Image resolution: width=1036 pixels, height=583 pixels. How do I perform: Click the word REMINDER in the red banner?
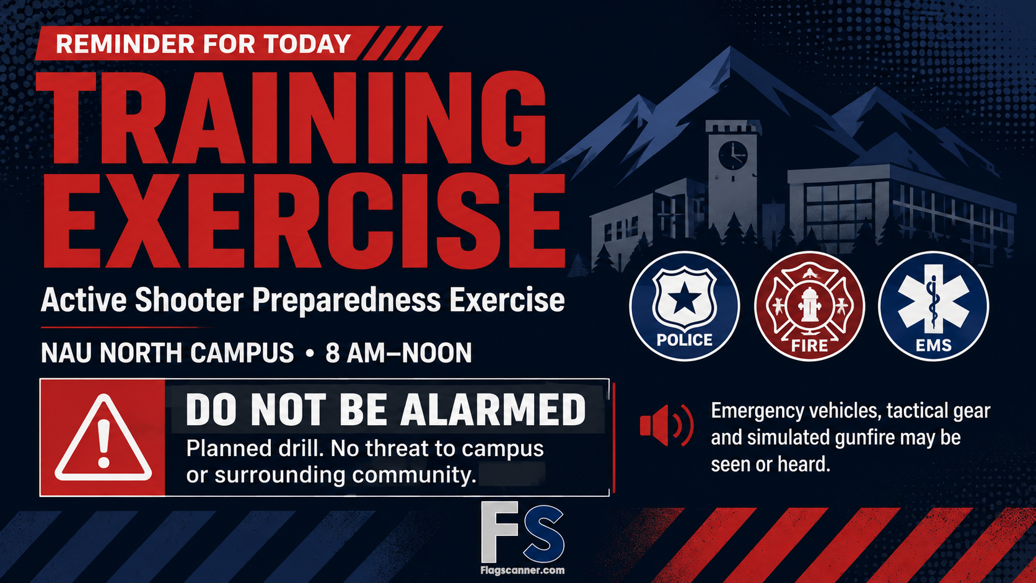(125, 44)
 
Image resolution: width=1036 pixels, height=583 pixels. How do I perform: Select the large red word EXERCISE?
(304, 221)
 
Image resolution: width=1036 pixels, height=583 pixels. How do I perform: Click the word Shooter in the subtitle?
(189, 300)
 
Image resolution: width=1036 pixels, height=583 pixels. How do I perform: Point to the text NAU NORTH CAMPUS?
(167, 353)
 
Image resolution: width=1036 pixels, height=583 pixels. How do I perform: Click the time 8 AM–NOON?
(398, 353)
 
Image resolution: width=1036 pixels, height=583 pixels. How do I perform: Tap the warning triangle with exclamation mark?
(103, 437)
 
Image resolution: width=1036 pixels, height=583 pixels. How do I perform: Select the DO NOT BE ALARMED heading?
(386, 410)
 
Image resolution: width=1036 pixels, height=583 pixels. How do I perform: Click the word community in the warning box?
(414, 475)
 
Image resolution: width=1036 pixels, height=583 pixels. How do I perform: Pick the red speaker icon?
(667, 426)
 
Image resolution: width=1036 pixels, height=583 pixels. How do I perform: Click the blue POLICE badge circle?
(685, 306)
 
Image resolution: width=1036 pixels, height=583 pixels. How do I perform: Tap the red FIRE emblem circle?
(809, 306)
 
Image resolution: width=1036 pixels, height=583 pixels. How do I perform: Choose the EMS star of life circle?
(933, 306)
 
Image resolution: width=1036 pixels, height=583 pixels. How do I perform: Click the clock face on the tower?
(733, 156)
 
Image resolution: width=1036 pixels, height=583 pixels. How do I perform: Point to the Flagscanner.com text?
(522, 570)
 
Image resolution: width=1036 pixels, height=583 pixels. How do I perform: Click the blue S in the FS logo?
(543, 534)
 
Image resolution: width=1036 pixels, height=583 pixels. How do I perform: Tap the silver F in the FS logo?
(499, 532)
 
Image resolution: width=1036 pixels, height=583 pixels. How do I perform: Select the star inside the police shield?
(685, 300)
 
